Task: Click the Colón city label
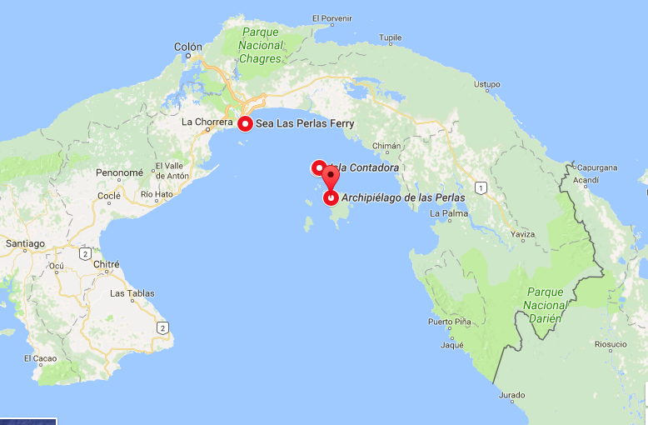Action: point(187,47)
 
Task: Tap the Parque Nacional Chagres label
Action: point(261,46)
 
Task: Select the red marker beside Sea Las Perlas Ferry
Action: point(245,124)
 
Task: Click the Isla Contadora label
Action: point(366,167)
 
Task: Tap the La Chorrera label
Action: point(207,122)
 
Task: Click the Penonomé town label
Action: point(119,173)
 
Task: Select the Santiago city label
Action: point(24,244)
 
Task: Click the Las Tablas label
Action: point(132,293)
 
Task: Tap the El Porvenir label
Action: point(328,17)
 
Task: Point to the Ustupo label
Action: point(486,84)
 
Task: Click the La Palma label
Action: point(446,213)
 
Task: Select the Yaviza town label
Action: point(521,234)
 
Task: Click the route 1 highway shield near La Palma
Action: point(481,188)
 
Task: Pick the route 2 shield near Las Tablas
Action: point(162,327)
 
